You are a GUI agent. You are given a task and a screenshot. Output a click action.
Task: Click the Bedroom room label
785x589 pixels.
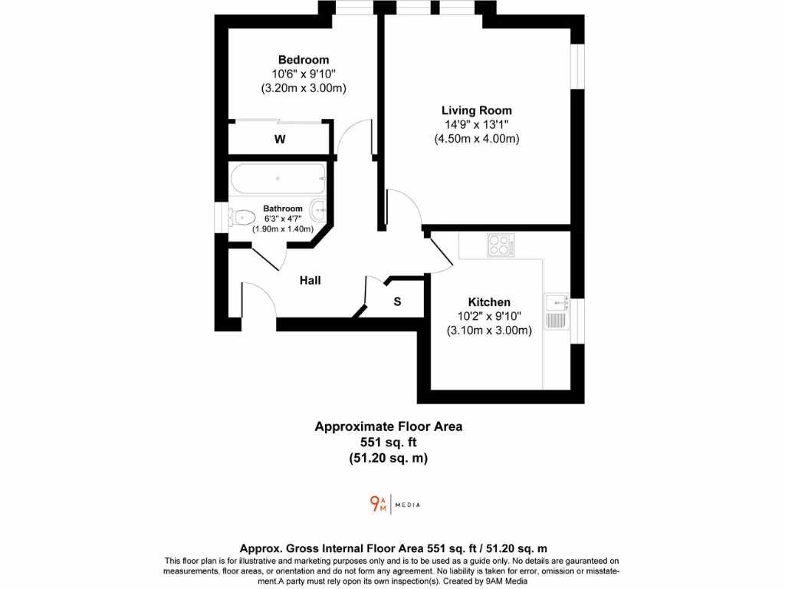(x=304, y=60)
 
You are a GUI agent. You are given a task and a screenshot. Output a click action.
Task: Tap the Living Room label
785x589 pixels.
(x=476, y=110)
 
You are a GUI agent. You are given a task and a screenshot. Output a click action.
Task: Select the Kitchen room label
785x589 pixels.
(x=489, y=302)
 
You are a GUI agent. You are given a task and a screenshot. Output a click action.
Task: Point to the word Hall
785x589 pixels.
(x=310, y=281)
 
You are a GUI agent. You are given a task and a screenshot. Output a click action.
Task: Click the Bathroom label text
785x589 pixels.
(x=284, y=209)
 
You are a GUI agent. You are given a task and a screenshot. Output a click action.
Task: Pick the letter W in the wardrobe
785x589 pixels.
(x=281, y=140)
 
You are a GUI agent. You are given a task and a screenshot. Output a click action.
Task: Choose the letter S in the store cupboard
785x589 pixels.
(x=397, y=302)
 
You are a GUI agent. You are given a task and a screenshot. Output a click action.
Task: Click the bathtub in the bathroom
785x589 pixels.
(x=278, y=179)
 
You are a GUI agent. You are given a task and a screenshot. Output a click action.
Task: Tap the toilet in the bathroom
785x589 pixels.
(x=244, y=218)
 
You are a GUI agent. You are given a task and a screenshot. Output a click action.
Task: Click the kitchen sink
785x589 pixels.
(x=556, y=311)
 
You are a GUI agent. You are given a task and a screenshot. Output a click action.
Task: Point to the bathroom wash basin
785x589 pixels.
(x=320, y=208)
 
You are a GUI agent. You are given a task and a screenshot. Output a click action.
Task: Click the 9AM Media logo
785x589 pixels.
(x=395, y=504)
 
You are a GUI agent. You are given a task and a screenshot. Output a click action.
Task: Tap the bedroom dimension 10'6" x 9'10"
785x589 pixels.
(x=304, y=74)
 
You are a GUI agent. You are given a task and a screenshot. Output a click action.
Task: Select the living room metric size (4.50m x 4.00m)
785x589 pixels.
(x=476, y=139)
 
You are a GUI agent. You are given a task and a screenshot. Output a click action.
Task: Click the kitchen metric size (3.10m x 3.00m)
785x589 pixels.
(x=489, y=331)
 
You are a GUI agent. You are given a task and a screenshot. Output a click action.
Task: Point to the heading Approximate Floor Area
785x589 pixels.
(x=389, y=426)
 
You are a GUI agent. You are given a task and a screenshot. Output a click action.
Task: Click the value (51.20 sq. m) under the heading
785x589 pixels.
(x=389, y=458)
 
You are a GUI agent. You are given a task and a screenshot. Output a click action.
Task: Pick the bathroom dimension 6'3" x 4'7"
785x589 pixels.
(x=284, y=219)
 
